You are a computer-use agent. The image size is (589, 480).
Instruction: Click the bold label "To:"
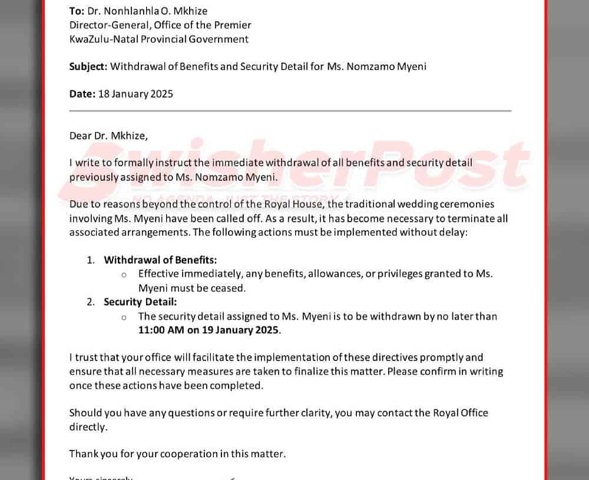click(x=77, y=11)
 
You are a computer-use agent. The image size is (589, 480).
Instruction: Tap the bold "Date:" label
click(x=82, y=94)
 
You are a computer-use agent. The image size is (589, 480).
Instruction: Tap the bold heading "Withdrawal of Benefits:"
click(x=160, y=260)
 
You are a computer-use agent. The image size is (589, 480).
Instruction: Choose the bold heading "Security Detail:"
click(x=140, y=302)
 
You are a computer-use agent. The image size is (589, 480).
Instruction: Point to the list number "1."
click(x=91, y=260)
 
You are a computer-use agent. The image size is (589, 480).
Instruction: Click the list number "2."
click(x=91, y=302)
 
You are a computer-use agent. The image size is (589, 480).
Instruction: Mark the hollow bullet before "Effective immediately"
click(x=124, y=274)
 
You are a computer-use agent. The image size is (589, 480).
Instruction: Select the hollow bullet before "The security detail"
click(x=124, y=317)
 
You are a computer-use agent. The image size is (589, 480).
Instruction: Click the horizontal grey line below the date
click(x=290, y=111)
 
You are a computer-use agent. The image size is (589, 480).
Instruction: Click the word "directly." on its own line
click(x=88, y=428)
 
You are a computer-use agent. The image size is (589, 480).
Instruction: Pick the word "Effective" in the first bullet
click(x=159, y=274)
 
